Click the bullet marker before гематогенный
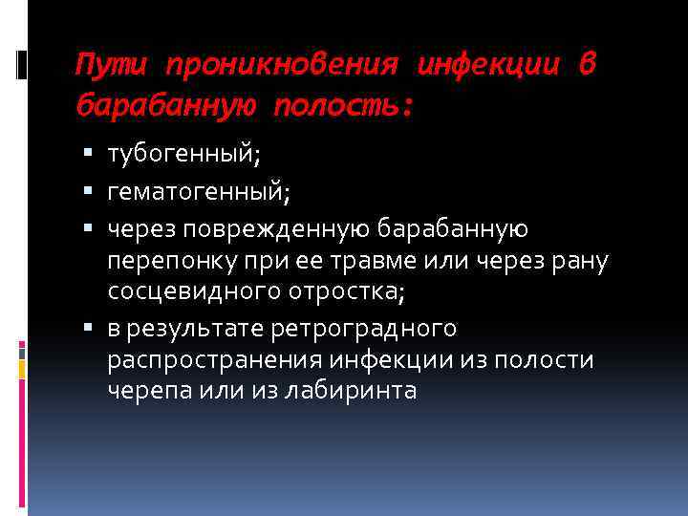click(87, 192)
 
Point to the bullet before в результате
click(87, 329)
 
